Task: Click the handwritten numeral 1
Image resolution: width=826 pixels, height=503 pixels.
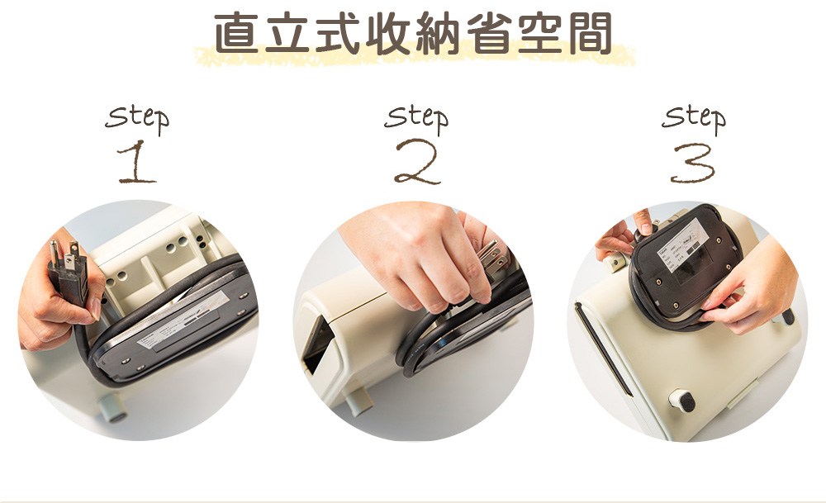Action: [136, 161]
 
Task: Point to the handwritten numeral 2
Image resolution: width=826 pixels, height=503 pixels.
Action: [417, 162]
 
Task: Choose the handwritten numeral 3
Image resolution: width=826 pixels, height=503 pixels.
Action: [692, 163]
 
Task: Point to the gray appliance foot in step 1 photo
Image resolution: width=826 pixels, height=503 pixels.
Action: [112, 407]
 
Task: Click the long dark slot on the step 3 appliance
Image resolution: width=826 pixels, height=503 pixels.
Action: [603, 349]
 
